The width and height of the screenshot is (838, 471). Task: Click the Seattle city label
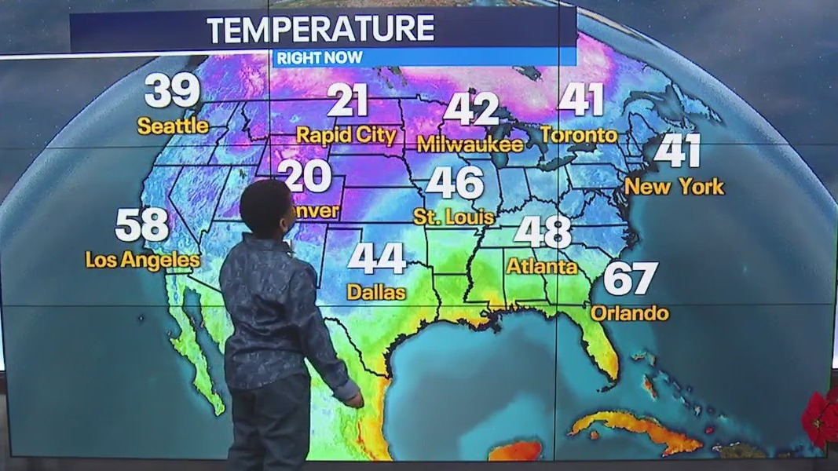tap(173, 126)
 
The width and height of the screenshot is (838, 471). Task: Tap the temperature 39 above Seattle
tap(172, 91)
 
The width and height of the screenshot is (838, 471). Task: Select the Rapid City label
tap(346, 135)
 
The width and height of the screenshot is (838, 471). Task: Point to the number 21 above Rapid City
tap(348, 101)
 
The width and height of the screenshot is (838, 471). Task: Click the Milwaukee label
tap(470, 144)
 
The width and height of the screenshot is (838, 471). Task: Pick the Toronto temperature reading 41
tap(582, 100)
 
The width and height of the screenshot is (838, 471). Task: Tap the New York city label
tap(674, 187)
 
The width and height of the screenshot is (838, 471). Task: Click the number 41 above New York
tap(677, 151)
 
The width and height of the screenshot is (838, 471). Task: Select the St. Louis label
tap(455, 216)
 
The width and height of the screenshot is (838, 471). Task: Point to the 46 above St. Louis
tap(455, 183)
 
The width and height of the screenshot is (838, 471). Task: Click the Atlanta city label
tap(542, 266)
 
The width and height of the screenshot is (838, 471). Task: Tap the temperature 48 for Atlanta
tap(543, 232)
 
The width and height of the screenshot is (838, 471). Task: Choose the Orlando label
tap(629, 313)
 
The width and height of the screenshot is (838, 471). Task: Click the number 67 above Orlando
tap(630, 279)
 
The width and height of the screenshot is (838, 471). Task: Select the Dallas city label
tap(377, 292)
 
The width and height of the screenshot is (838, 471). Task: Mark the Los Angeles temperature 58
tap(142, 225)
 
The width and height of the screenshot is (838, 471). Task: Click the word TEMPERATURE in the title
tap(320, 30)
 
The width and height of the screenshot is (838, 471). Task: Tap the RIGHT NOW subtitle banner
tap(319, 57)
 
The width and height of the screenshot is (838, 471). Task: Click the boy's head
tap(265, 207)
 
